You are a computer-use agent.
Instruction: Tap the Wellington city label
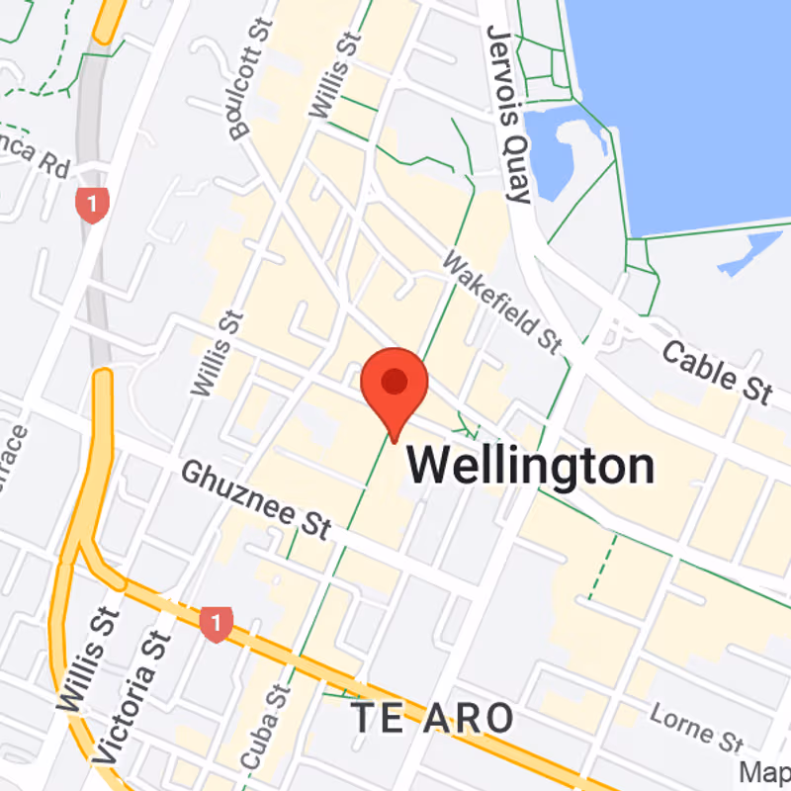531,466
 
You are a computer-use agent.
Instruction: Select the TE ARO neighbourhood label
434,718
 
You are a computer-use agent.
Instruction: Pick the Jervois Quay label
509,114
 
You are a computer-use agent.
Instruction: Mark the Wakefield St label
501,302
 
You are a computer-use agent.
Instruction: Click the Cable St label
716,372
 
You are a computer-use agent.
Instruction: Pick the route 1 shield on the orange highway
216,624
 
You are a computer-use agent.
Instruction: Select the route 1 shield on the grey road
91,206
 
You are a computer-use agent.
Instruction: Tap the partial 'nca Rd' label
34,153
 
